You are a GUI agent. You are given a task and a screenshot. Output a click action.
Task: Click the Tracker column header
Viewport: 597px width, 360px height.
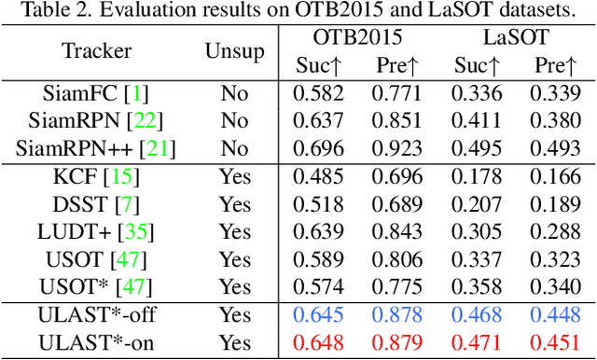[97, 51]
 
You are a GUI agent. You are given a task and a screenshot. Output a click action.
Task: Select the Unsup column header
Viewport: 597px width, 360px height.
[234, 51]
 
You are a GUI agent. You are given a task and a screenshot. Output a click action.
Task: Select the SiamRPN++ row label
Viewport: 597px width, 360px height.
[87, 147]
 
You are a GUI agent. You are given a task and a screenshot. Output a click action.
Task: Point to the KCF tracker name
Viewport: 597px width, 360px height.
[80, 176]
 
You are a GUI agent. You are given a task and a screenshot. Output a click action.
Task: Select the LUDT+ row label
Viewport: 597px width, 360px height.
[83, 232]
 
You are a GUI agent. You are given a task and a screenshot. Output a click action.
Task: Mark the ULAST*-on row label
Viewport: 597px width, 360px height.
[97, 343]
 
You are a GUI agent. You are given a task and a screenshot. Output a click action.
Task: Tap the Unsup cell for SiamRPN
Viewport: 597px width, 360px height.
[234, 120]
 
